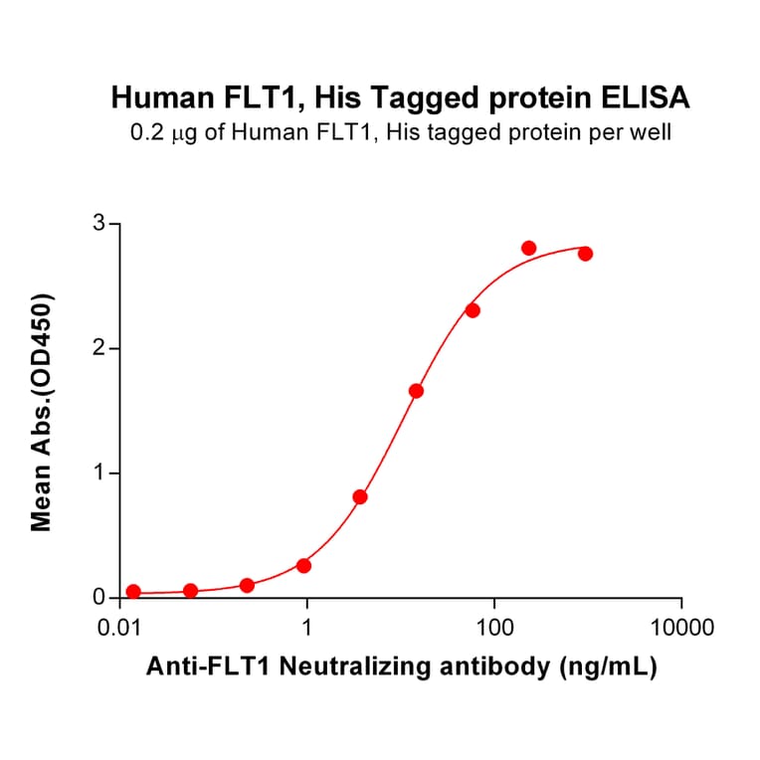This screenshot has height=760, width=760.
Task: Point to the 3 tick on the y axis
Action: pyautogui.click(x=99, y=224)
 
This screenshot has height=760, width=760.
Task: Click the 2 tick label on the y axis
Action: pyautogui.click(x=99, y=348)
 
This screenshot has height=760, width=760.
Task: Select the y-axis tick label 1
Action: pyautogui.click(x=99, y=474)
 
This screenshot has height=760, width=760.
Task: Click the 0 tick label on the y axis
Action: pyautogui.click(x=99, y=598)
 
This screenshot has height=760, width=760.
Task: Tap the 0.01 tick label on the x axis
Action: pyautogui.click(x=120, y=629)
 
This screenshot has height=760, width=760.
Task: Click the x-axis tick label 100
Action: pyautogui.click(x=494, y=629)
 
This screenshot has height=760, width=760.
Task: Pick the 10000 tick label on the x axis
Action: pyautogui.click(x=681, y=629)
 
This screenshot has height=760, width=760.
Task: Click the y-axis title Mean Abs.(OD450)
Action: pyautogui.click(x=42, y=412)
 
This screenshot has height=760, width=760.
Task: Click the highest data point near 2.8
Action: pyautogui.click(x=528, y=248)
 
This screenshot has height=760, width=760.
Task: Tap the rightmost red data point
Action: pyautogui.click(x=585, y=254)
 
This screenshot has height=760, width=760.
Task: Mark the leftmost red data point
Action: pyautogui.click(x=133, y=591)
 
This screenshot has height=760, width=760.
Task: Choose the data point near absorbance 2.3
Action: pyautogui.click(x=473, y=310)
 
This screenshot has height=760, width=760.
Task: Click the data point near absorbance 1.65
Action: pyautogui.click(x=416, y=391)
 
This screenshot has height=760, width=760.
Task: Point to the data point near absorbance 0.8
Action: pyautogui.click(x=360, y=496)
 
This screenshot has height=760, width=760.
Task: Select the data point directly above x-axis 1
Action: pyautogui.click(x=303, y=565)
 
